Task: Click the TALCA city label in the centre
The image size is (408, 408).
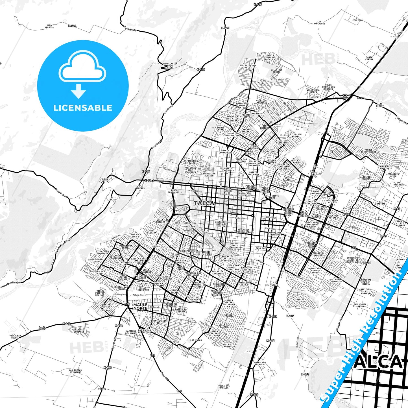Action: [x=204, y=203]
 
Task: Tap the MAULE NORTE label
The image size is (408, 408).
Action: [x=140, y=307]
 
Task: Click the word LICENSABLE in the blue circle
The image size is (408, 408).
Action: [x=83, y=108]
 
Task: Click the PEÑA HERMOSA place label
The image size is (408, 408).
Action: [x=49, y=27]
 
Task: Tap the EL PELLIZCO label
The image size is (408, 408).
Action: [x=357, y=19]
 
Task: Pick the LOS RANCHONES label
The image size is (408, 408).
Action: [x=319, y=23]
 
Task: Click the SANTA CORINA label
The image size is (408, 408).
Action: [x=369, y=58]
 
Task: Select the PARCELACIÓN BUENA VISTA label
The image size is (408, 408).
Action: [x=170, y=66]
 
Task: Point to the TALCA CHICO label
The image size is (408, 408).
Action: [x=42, y=328]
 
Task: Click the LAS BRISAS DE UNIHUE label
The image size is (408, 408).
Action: [x=75, y=371]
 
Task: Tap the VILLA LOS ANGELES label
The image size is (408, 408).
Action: [x=224, y=387]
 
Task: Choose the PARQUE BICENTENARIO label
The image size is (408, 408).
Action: [x=368, y=151]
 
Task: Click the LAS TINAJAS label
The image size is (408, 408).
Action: [x=112, y=198]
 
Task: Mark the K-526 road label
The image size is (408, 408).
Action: [x=72, y=26]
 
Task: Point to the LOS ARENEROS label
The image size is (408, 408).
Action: [x=139, y=187]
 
